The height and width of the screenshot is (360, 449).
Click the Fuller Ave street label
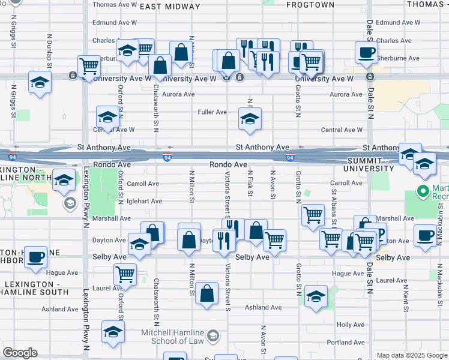click(x=212, y=112)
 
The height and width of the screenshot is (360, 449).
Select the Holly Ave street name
click(x=351, y=325)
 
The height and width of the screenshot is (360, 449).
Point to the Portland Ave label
click(x=346, y=343)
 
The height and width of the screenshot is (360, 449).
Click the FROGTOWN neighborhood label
click(x=310, y=5)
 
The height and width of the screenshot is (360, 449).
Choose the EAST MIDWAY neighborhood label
click(x=170, y=7)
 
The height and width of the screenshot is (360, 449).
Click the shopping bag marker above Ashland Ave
click(x=207, y=293)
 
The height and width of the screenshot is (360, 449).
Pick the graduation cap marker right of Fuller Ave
click(x=250, y=118)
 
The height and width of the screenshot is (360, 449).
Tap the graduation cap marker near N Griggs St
click(x=40, y=82)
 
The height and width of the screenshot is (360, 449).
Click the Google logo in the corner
click(x=20, y=353)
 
